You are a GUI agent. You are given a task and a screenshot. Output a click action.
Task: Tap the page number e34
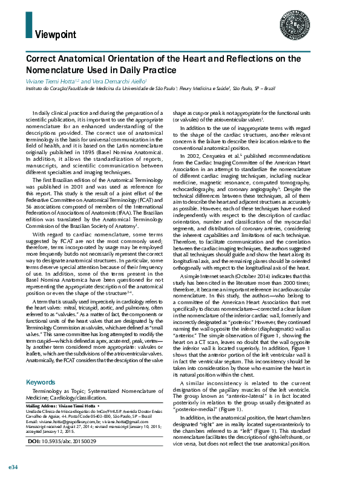tap(13, 468)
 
